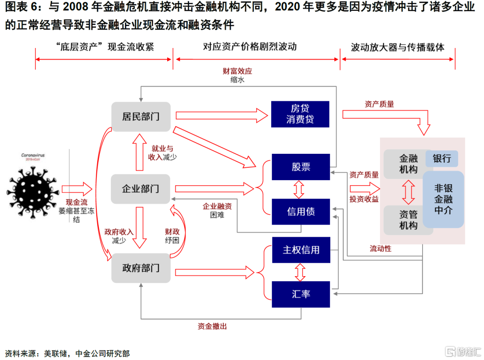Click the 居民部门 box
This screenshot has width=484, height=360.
tap(141, 117)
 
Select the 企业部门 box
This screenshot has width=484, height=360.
tap(140, 189)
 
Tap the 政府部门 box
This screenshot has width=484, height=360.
tap(141, 268)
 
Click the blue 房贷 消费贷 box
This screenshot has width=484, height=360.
tap(300, 114)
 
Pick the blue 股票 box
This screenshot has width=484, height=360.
tap(301, 167)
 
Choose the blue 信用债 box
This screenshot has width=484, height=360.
tap(301, 212)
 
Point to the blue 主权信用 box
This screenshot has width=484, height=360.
tap(301, 250)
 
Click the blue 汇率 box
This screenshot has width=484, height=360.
tap(301, 294)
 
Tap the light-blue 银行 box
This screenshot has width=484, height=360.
tap(442, 158)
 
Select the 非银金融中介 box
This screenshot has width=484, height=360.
tap(443, 200)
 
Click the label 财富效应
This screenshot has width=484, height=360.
tap(238, 71)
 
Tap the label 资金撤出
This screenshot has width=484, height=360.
tap(212, 326)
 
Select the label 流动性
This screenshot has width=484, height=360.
tap(380, 248)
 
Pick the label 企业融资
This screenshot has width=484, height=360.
tap(217, 206)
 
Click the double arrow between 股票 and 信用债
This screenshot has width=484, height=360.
tap(299, 189)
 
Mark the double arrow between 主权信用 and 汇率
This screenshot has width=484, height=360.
tap(300, 272)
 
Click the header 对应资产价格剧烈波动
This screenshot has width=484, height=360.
tap(250, 47)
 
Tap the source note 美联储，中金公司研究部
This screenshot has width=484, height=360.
tap(87, 354)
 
